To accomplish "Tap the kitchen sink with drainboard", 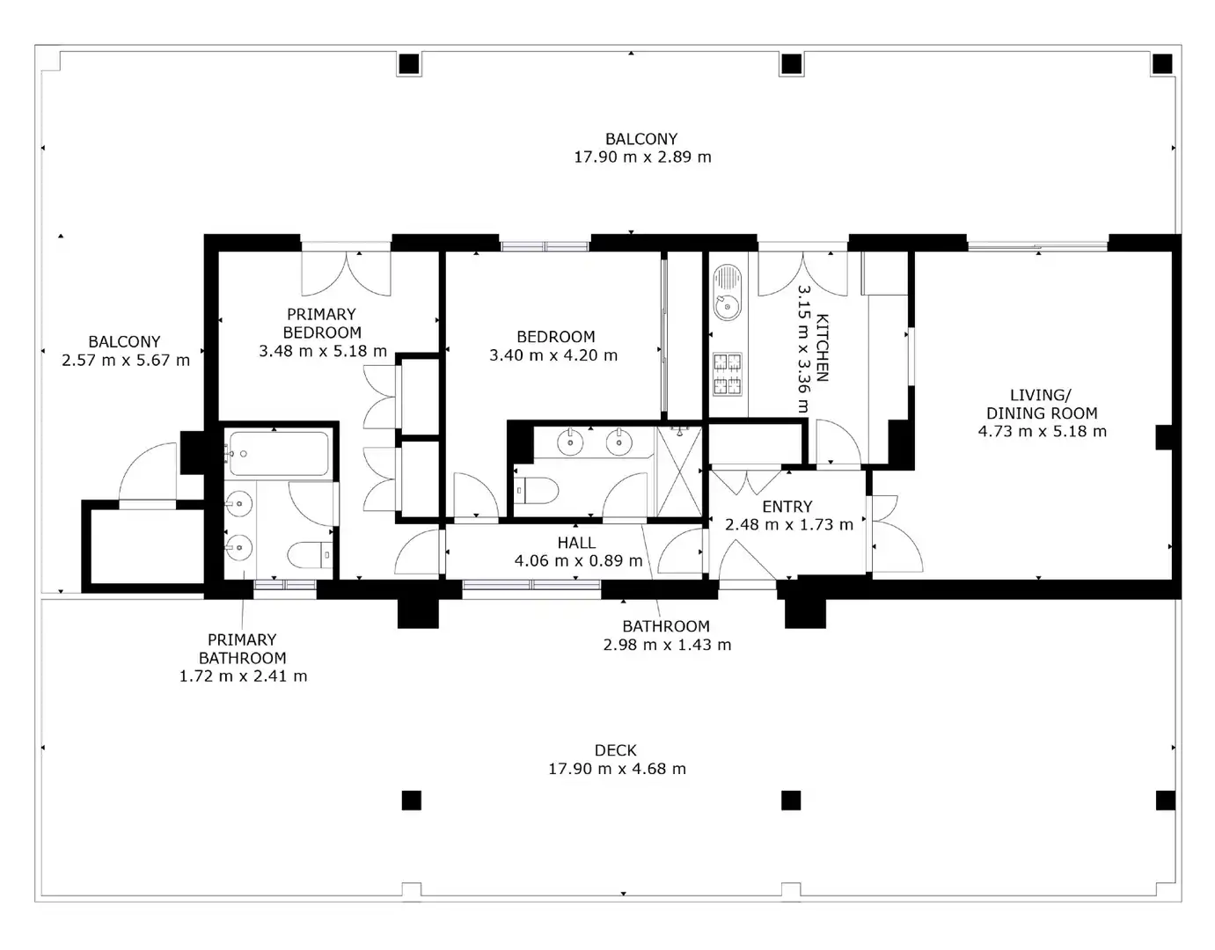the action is pos(727,292).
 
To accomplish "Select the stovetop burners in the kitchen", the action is pos(727,374).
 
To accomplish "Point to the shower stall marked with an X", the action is pos(679,471).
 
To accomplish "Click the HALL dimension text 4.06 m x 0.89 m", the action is pos(578,560).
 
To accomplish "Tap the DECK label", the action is pos(615,750).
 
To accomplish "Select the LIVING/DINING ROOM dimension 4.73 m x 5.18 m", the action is pos(1042,431).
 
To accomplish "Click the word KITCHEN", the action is pos(822,347).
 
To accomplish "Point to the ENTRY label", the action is pos(787,507).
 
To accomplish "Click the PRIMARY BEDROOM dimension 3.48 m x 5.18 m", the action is pos(323,351).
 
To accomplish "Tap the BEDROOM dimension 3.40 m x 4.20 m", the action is pos(553,355).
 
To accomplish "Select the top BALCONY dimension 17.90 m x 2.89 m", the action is pos(642,157).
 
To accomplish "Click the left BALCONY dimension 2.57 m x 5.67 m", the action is pos(126,361).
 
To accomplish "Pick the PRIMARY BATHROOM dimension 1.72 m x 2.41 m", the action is pos(243,676).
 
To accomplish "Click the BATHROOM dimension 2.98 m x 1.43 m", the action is pos(667,645).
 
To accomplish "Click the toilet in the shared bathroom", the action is pos(536,491).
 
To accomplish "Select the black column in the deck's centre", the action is pos(791,800).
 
